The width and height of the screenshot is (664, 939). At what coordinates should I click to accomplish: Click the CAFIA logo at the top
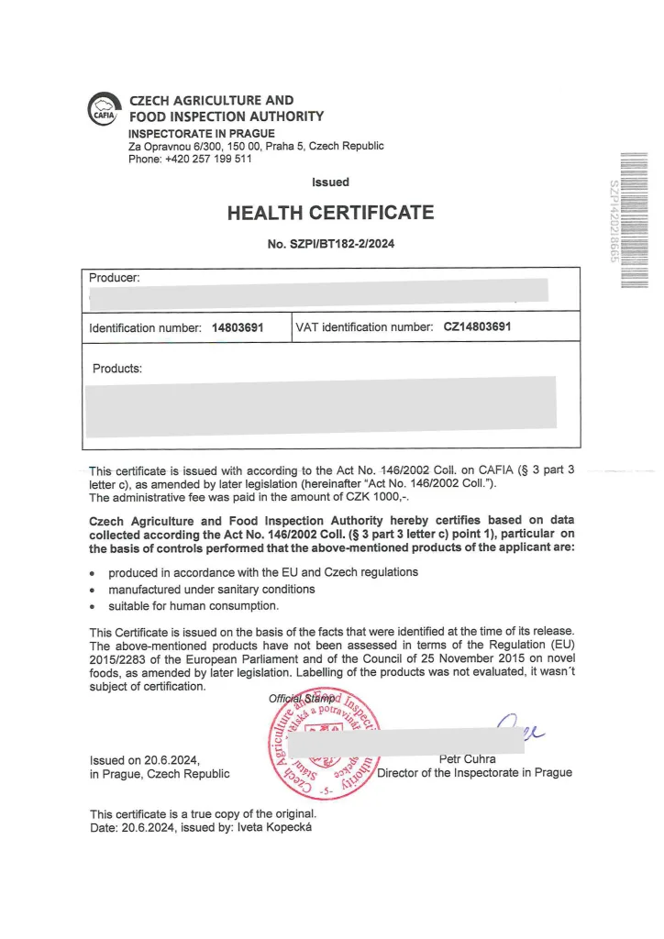click(x=104, y=110)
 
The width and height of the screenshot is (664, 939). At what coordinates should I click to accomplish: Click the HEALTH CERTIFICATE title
click(x=330, y=213)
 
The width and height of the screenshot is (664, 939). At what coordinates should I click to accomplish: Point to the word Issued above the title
click(x=330, y=182)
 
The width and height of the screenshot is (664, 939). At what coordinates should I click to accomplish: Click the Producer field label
click(x=114, y=277)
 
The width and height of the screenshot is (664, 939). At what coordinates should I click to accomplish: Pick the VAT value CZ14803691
click(x=477, y=326)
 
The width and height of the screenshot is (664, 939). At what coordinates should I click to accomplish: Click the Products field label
click(x=117, y=369)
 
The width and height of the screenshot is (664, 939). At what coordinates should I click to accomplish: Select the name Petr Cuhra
click(x=468, y=759)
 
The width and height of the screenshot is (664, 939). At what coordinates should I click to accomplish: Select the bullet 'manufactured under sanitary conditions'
click(x=211, y=589)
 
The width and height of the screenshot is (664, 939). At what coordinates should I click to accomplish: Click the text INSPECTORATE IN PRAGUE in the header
click(x=201, y=134)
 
